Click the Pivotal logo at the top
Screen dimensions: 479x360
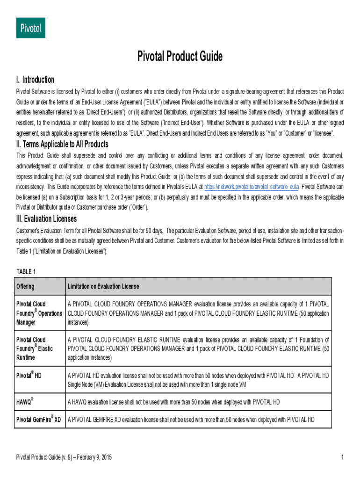[31, 28]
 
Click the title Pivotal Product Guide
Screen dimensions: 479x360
[180, 57]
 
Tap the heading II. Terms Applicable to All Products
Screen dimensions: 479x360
[62, 144]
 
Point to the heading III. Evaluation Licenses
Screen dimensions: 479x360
[47, 218]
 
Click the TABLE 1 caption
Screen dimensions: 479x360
[26, 272]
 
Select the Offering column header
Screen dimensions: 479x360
[25, 286]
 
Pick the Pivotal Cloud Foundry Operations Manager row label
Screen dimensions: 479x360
[39, 313]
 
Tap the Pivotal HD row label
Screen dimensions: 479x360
[29, 375]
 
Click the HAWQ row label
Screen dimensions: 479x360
[25, 402]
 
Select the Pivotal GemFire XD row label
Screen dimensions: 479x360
[39, 420]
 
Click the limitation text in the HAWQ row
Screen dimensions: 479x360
[174, 402]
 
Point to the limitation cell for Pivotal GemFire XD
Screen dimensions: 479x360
[191, 420]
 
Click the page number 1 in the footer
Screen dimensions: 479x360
[343, 457]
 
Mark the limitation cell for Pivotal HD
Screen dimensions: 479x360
[198, 380]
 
